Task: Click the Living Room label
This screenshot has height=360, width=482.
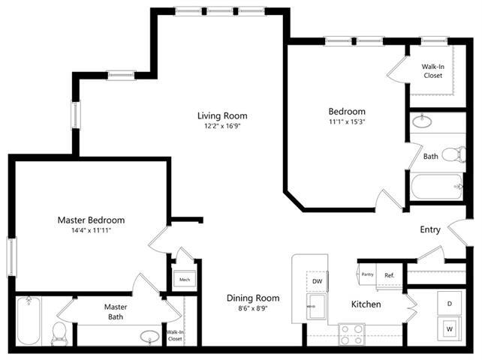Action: (x=222, y=116)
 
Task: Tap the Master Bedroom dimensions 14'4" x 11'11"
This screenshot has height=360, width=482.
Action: (x=91, y=231)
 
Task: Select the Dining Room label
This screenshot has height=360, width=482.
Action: (x=253, y=298)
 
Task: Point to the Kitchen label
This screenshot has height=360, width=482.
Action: (x=366, y=304)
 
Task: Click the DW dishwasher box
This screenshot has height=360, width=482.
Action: (x=317, y=280)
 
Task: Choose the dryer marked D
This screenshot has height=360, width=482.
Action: (x=450, y=303)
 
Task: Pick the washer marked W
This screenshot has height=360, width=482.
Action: (x=450, y=328)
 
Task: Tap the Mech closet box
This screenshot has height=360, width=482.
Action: (x=184, y=280)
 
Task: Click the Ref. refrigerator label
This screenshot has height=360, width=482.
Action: (x=390, y=275)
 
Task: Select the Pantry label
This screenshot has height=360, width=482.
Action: (x=367, y=275)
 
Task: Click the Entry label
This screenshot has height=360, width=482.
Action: (x=430, y=230)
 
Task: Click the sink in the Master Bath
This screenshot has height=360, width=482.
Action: (x=149, y=335)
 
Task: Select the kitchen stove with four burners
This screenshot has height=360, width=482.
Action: (x=351, y=330)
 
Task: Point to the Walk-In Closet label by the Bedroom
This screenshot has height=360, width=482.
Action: (x=432, y=70)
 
